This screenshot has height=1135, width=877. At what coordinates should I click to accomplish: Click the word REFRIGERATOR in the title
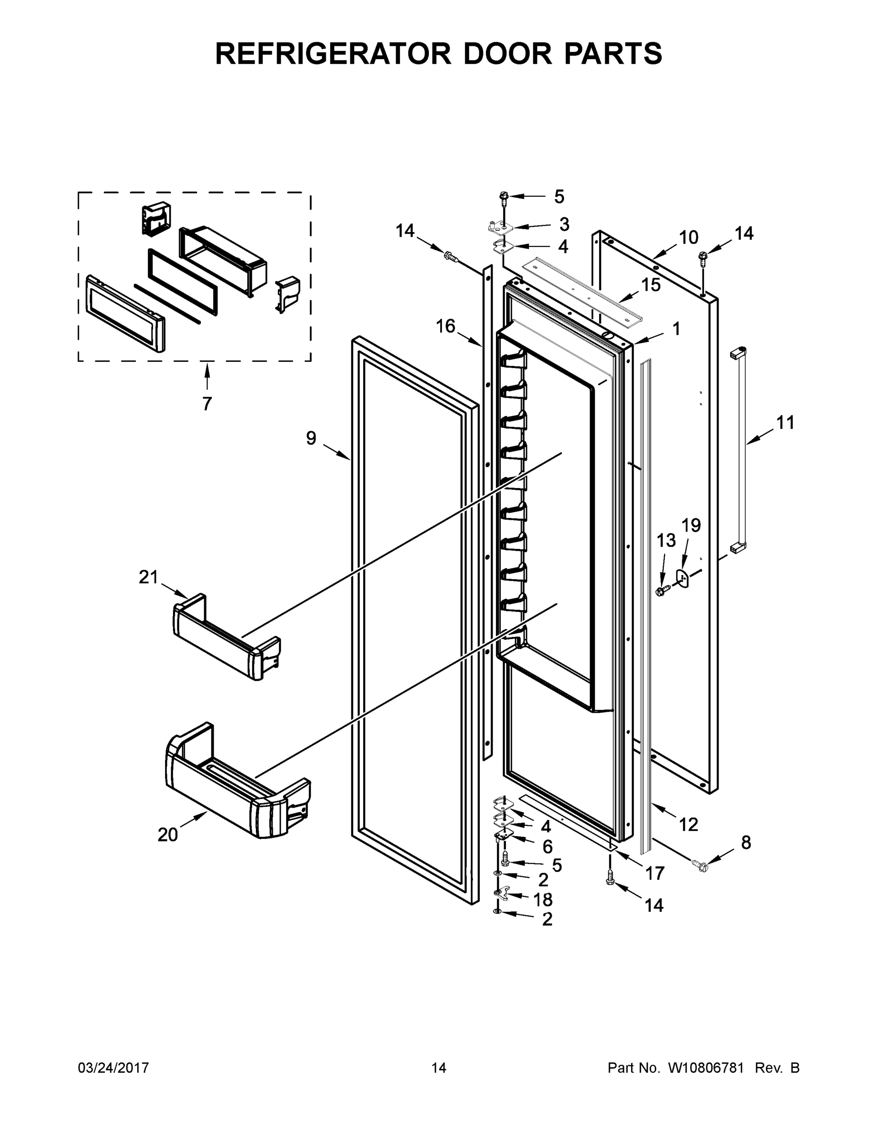point(333,53)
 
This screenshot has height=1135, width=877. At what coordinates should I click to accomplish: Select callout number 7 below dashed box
point(207,403)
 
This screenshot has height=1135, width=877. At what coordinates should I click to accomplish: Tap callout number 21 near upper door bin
point(148,577)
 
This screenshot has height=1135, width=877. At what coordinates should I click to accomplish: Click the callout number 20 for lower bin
point(168,835)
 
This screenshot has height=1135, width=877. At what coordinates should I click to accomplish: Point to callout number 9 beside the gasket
point(311,438)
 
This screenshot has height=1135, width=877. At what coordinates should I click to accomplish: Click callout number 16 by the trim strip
point(445,326)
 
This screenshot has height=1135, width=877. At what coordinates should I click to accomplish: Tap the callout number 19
point(691,525)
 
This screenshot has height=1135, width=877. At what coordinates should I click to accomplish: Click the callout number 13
point(666,541)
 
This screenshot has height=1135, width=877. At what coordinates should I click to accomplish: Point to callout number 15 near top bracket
point(651,285)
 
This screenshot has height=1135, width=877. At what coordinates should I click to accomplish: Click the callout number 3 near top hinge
point(564,225)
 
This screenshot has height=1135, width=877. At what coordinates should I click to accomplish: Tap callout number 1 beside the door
point(676,329)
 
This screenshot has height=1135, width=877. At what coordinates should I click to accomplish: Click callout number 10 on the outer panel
point(688,237)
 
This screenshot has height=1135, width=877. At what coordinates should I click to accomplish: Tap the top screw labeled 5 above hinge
point(503,196)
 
